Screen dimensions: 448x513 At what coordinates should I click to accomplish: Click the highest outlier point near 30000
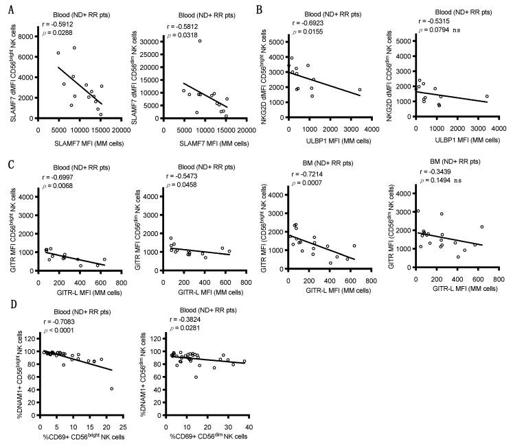pos(200,40)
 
